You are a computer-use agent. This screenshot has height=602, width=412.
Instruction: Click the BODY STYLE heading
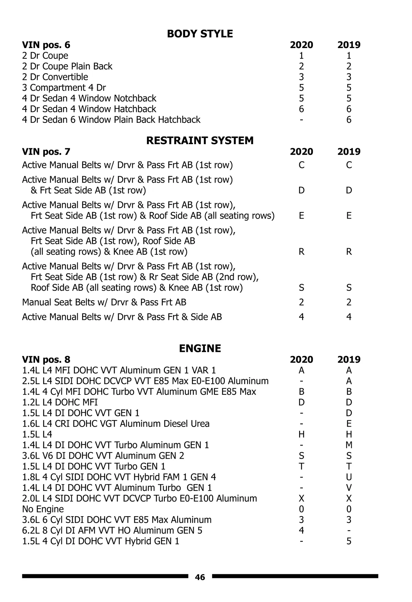[200, 34]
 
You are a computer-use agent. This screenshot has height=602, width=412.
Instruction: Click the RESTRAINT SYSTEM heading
[200, 140]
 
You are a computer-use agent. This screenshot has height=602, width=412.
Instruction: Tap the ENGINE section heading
[200, 348]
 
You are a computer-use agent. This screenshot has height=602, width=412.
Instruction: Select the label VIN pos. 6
[46, 45]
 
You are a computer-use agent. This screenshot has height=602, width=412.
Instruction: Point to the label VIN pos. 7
[46, 151]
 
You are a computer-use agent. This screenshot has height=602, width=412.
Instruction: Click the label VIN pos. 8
[46, 359]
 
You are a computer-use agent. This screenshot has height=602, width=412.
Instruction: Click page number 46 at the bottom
[200, 577]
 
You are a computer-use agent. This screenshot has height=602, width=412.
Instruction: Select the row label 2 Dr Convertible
[55, 77]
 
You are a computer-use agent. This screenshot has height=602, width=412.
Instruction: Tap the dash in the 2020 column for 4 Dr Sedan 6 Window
[301, 120]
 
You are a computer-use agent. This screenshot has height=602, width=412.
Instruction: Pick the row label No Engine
[43, 509]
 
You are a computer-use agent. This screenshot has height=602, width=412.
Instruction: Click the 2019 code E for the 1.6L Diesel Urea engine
[349, 424]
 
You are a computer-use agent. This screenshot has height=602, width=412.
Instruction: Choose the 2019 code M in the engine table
[349, 445]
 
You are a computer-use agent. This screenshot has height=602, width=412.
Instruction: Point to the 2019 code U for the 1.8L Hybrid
[349, 477]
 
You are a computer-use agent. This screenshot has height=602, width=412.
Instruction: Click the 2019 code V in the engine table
[349, 488]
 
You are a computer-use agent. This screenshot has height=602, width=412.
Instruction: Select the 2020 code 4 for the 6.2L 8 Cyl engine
[301, 530]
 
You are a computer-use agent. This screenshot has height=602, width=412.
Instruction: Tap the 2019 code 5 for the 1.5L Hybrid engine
[349, 541]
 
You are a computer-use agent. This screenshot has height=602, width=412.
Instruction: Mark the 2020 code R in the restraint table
[301, 252]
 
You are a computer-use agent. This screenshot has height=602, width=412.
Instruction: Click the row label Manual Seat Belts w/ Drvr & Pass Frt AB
[104, 302]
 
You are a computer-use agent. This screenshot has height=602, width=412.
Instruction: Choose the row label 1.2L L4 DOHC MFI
[60, 402]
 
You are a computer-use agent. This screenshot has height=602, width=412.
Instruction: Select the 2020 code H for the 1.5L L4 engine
[301, 435]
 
